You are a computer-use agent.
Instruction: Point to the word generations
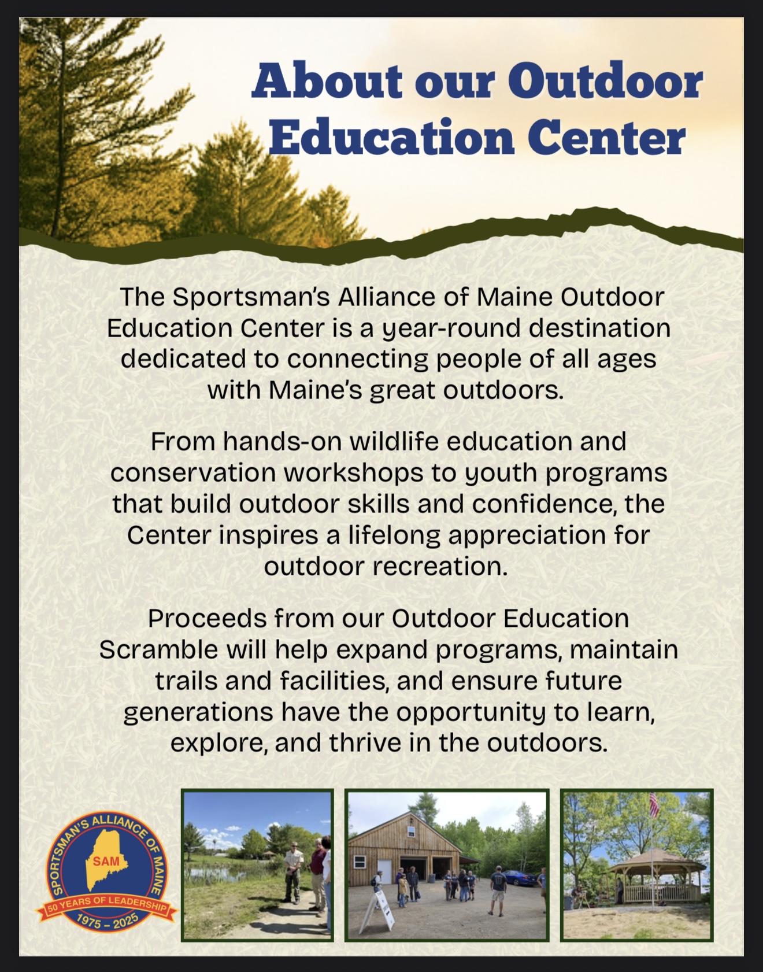pyautogui.click(x=198, y=712)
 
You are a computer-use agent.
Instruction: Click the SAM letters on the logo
pyautogui.click(x=106, y=862)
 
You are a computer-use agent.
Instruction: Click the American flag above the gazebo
pyautogui.click(x=654, y=805)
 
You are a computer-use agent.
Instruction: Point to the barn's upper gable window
pyautogui.click(x=410, y=831)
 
